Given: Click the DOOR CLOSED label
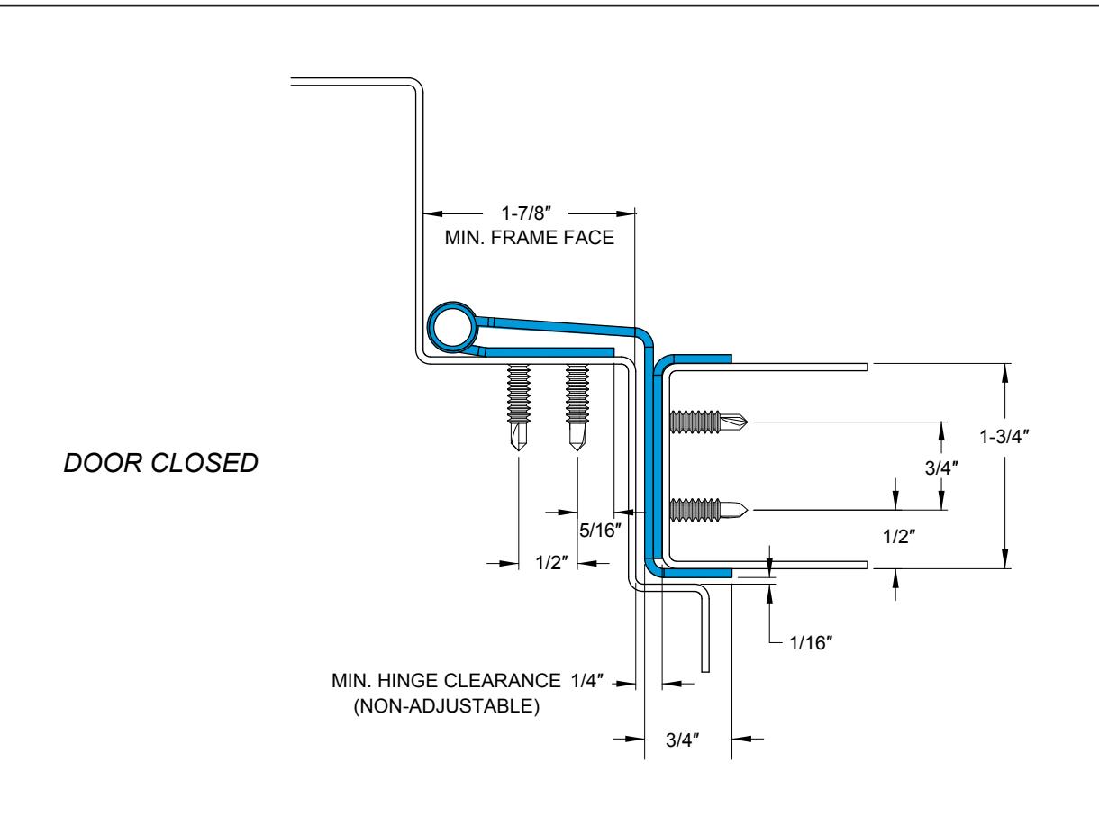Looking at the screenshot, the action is tap(161, 463).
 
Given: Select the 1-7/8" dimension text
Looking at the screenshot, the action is tap(526, 213).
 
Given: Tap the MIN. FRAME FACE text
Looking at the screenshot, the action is tap(529, 238).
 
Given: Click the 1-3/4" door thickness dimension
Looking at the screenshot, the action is tap(1004, 437).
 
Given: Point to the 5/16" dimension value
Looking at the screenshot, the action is tap(600, 531).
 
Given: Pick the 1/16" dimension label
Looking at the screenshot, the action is tap(811, 643).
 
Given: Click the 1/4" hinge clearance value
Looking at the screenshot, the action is tap(586, 681).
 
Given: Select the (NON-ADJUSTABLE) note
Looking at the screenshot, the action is tap(447, 705).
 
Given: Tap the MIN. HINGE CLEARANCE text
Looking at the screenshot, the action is tap(446, 681).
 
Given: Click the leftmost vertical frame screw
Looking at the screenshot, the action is tap(518, 407).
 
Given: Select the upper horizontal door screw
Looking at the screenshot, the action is tap(709, 422).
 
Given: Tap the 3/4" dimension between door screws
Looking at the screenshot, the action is tap(941, 468).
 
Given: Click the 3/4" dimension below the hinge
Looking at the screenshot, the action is tap(682, 740).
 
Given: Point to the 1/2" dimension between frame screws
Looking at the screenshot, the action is tap(551, 563).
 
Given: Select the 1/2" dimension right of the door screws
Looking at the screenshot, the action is tap(899, 537).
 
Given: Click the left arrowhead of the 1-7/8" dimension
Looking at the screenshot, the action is tap(432, 214).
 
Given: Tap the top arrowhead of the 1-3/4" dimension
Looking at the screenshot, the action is tap(1004, 373).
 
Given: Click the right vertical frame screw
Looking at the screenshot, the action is tap(577, 407).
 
